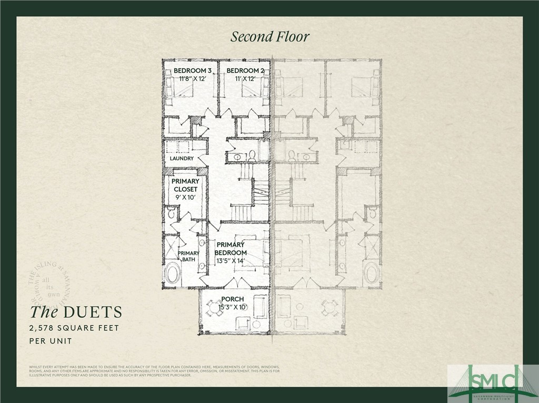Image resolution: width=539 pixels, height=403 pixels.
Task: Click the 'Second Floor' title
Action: click(x=269, y=36)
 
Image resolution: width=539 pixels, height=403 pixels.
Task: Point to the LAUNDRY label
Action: click(x=182, y=158)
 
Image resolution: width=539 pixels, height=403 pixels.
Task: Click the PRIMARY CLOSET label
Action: click(x=185, y=185)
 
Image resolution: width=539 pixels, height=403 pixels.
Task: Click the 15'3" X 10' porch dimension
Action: click(x=229, y=306)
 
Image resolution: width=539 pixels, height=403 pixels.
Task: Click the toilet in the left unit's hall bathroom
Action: click(x=252, y=156)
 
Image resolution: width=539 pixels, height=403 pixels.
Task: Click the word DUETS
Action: click(x=93, y=312)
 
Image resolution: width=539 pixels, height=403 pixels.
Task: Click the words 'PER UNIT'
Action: click(x=51, y=341)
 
